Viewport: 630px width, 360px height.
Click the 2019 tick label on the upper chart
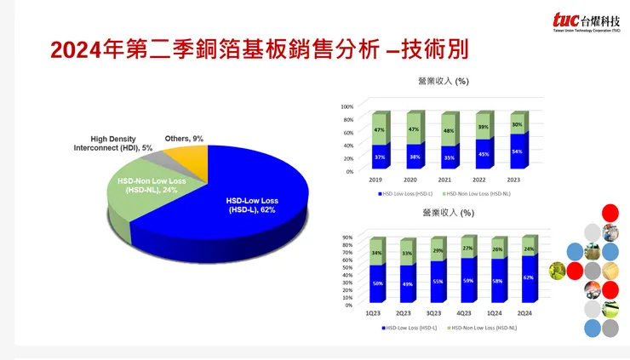375,180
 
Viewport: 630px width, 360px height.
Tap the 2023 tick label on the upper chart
514,180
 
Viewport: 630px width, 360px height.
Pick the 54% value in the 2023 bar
517,151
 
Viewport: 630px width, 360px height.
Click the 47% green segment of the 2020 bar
414,129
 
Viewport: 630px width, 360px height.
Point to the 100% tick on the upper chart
347,106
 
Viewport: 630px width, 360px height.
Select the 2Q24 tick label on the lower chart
529,312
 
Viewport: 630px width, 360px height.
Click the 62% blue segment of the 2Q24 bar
529,277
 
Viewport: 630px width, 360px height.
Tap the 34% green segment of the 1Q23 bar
375,253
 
